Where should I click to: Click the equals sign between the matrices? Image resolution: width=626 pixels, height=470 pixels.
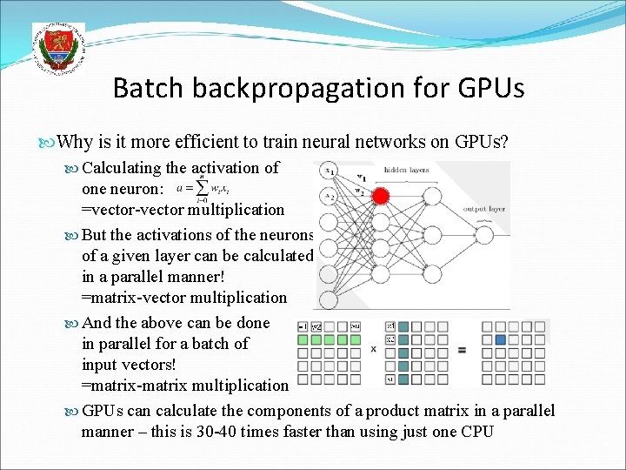[463, 350]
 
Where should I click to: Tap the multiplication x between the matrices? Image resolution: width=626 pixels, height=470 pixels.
[373, 349]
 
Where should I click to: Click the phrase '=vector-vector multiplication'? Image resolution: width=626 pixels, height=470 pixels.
[183, 210]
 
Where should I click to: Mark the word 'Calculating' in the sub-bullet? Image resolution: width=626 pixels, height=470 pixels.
[121, 168]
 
